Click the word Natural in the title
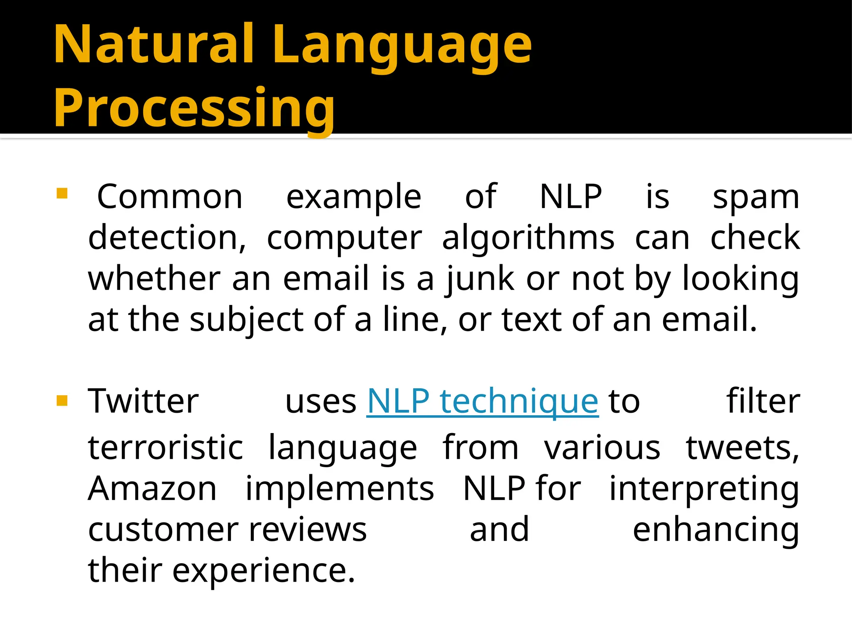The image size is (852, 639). (x=154, y=44)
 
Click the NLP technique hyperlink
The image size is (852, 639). (x=483, y=401)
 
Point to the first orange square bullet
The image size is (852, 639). (x=62, y=194)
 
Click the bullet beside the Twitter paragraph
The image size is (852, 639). (x=62, y=401)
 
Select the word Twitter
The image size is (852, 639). (x=143, y=401)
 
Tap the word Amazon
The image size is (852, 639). (x=152, y=488)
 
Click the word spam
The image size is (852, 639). (x=755, y=197)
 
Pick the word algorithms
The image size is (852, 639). (x=528, y=238)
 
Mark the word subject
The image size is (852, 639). (x=247, y=319)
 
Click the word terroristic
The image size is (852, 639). (x=165, y=448)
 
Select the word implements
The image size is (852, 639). (x=339, y=488)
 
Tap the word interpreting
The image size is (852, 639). (x=704, y=489)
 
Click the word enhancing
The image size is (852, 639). (x=716, y=530)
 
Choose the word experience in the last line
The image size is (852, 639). (x=263, y=571)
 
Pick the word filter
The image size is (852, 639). (x=763, y=401)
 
